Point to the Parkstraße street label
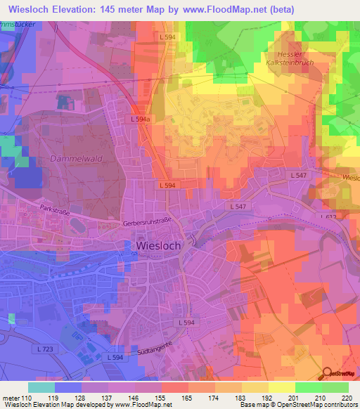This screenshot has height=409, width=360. point(57,209)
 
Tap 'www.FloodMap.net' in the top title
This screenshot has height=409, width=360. point(224,8)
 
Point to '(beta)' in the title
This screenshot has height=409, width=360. point(281,8)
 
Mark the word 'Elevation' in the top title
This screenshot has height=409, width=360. point(82,8)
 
